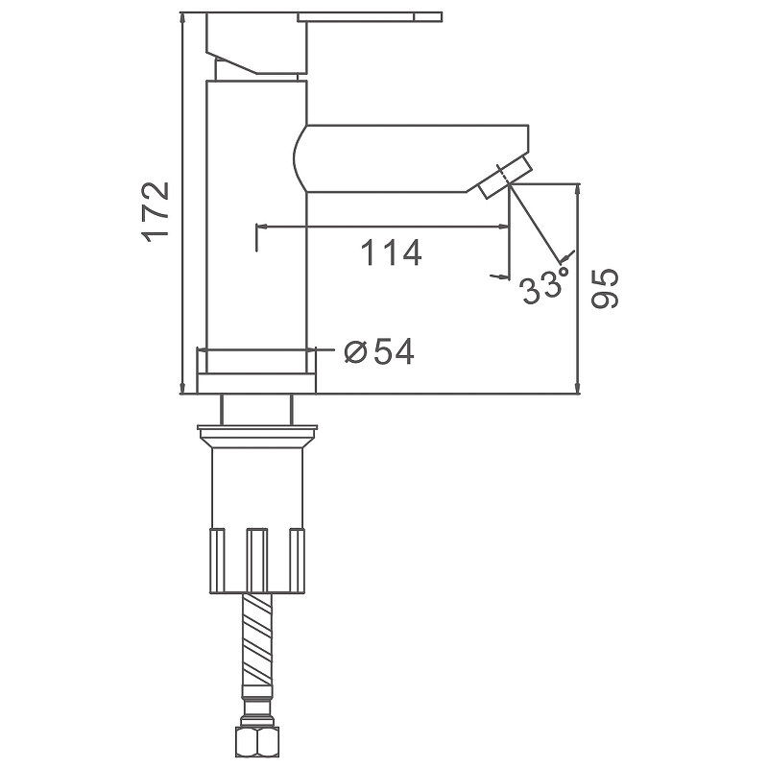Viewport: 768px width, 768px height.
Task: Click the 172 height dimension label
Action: [x=156, y=212]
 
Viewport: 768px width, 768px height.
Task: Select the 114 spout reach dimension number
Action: [x=391, y=252]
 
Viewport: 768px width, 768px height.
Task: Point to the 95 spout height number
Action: [x=605, y=289]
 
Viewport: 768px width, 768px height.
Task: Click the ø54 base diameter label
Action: [x=378, y=351]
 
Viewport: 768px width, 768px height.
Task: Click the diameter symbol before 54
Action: [x=355, y=351]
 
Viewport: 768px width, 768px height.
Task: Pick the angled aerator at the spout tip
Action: [x=505, y=177]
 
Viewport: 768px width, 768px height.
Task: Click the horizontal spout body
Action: [x=412, y=158]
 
